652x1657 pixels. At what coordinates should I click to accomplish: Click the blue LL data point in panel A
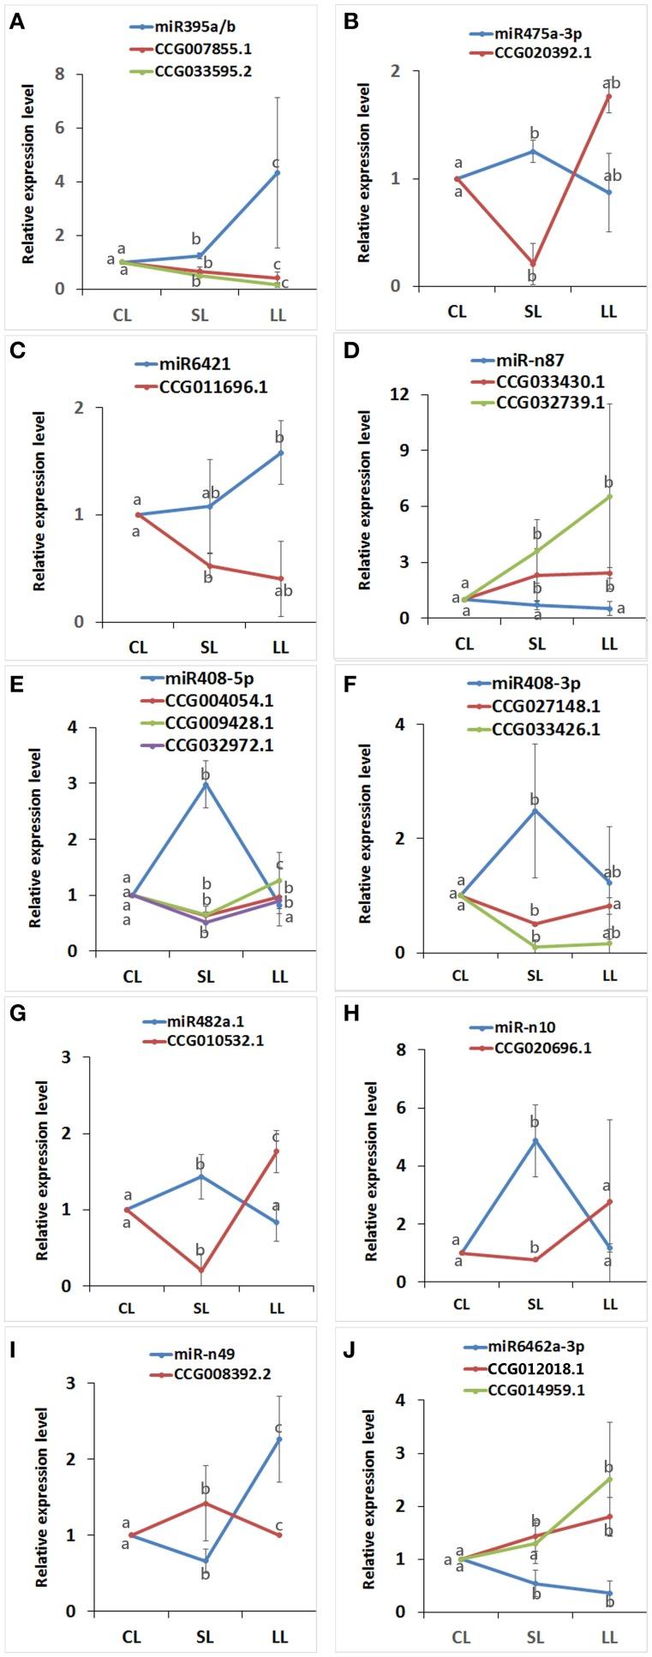277,173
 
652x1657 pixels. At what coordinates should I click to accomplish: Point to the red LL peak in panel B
608,96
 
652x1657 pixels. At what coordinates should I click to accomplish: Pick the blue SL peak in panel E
206,783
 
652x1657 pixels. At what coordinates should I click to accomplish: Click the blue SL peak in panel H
535,1140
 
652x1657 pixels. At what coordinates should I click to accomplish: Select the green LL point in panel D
609,496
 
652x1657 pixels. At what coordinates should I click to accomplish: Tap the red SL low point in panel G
201,1270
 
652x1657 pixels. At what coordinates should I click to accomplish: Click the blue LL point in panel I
278,1439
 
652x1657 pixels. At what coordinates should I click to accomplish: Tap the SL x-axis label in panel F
535,975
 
